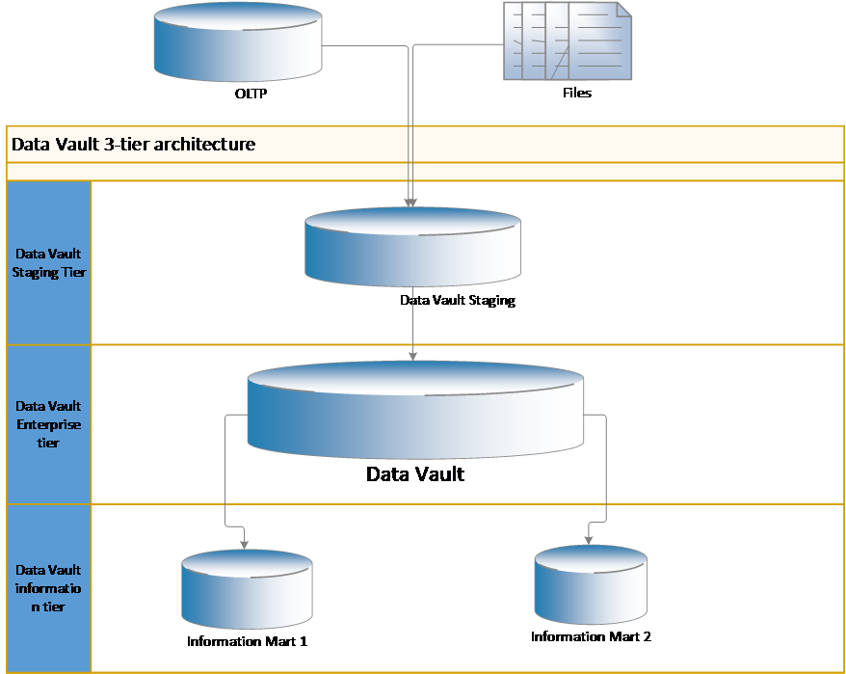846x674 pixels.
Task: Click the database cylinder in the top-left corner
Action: click(x=238, y=42)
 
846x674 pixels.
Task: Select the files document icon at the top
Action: click(x=568, y=40)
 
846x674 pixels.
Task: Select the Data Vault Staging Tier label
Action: click(x=48, y=263)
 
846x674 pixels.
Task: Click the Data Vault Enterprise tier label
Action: click(x=48, y=424)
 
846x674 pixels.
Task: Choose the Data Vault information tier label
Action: click(x=48, y=588)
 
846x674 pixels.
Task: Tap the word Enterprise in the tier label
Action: click(x=48, y=424)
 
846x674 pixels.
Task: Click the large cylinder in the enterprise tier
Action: click(x=415, y=410)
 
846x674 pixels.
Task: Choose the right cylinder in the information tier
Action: click(x=590, y=584)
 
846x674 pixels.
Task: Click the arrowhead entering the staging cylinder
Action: click(x=411, y=202)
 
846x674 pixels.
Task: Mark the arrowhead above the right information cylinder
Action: click(x=588, y=537)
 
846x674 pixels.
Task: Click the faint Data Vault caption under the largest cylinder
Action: click(x=414, y=474)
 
